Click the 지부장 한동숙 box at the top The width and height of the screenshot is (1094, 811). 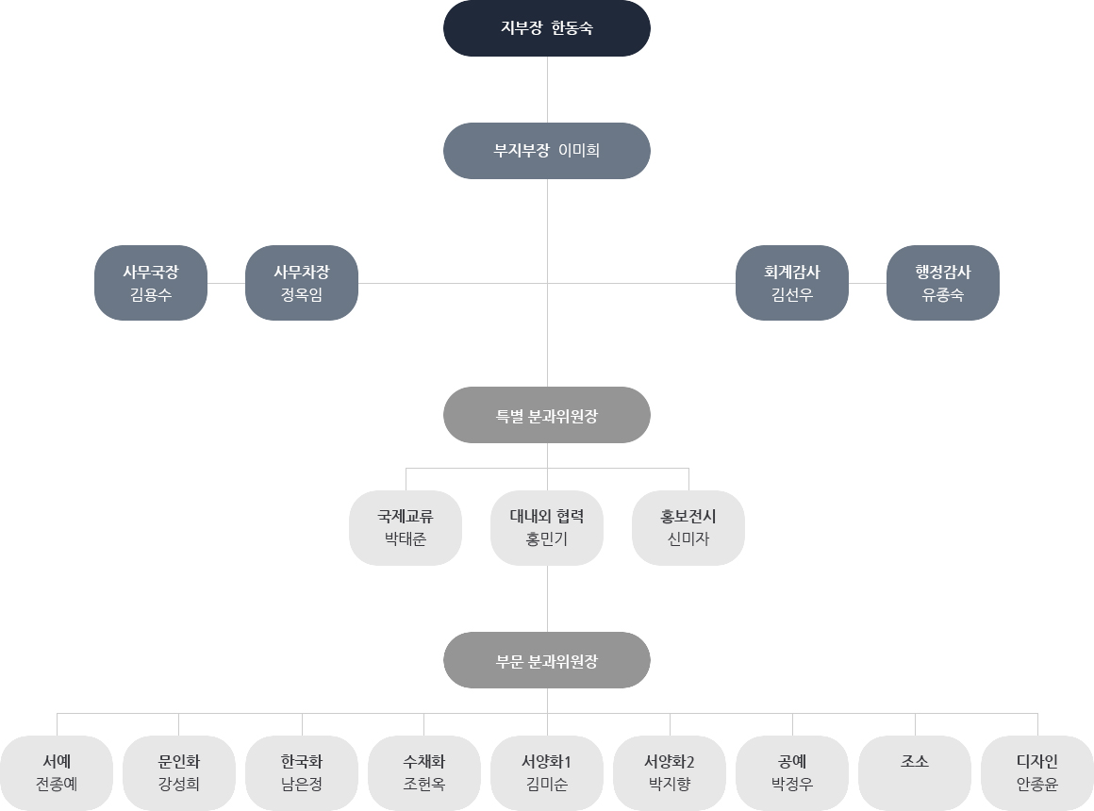point(547,28)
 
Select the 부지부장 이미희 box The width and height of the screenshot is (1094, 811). point(547,151)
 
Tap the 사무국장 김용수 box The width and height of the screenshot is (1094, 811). point(151,283)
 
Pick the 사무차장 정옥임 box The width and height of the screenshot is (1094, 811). point(302,283)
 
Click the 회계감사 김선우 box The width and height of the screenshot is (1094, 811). point(792,283)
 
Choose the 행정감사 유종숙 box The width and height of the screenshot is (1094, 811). point(943,283)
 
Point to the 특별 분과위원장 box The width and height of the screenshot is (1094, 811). point(547,415)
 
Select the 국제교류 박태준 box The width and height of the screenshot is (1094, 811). point(406,528)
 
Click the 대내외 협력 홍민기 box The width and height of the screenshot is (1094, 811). point(547,528)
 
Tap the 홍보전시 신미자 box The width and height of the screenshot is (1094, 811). point(688,528)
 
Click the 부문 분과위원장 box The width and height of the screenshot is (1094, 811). point(547,660)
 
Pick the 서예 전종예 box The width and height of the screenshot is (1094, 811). point(57,773)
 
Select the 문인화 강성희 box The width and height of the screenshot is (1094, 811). point(179,773)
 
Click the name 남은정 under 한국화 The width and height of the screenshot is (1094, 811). point(302,785)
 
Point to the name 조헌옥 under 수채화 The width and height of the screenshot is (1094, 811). point(424,785)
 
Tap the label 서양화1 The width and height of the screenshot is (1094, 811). point(547,762)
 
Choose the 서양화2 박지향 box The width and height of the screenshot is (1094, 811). point(670,773)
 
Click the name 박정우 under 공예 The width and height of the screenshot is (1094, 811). point(792,785)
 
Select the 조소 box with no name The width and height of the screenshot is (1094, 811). point(915,773)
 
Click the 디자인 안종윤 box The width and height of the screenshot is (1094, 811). point(1037,773)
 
